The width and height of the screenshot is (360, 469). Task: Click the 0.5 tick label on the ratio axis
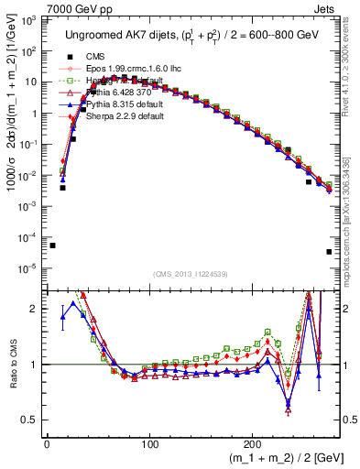[30, 420]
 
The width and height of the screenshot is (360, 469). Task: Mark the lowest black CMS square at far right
[329, 252]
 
